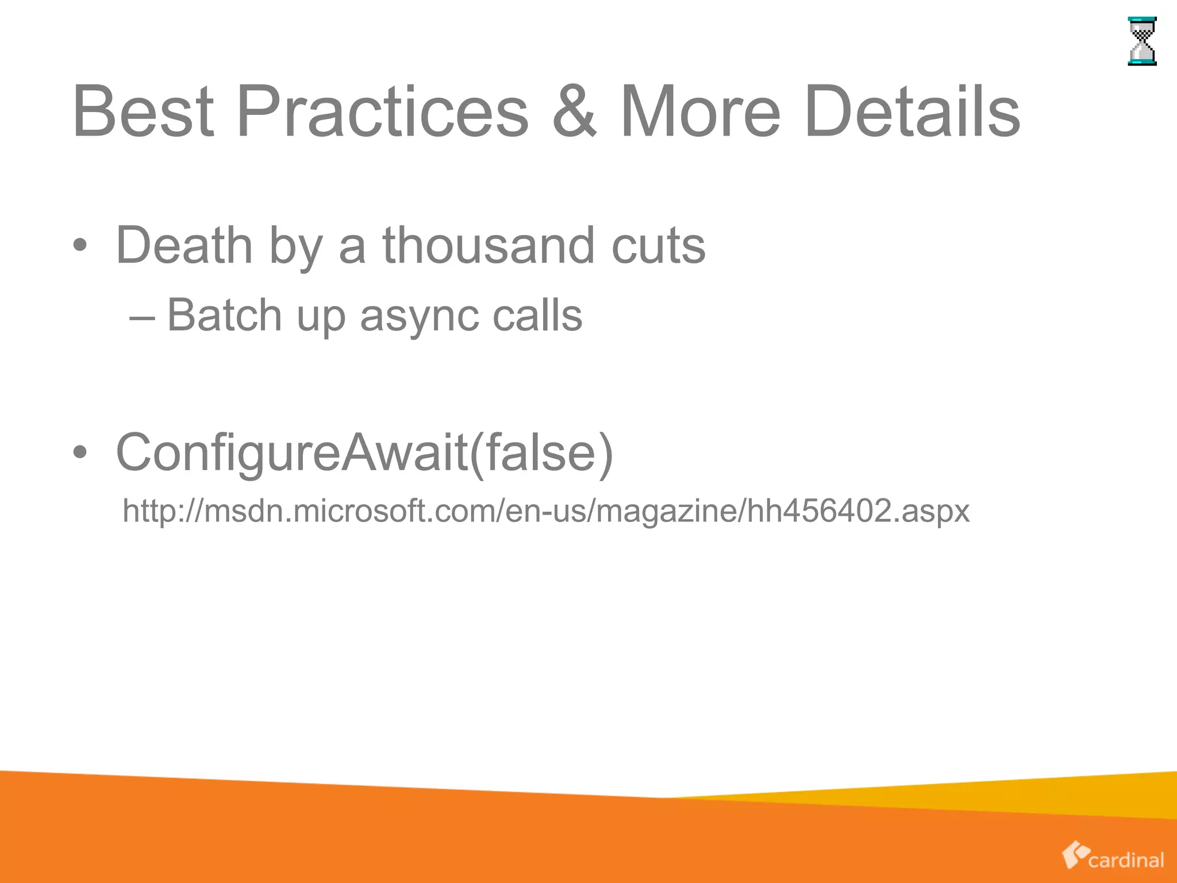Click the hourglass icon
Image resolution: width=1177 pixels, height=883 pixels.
point(1142,41)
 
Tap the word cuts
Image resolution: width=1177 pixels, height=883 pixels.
point(659,246)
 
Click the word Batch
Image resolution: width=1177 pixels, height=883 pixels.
point(224,315)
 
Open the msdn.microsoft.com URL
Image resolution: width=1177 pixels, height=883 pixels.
point(546,510)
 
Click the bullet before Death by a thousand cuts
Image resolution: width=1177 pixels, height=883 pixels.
point(80,246)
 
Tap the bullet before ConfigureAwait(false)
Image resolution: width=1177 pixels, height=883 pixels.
point(80,453)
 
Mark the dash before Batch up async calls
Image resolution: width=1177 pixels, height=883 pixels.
point(142,317)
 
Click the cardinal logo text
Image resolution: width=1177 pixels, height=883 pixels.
point(1126,860)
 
